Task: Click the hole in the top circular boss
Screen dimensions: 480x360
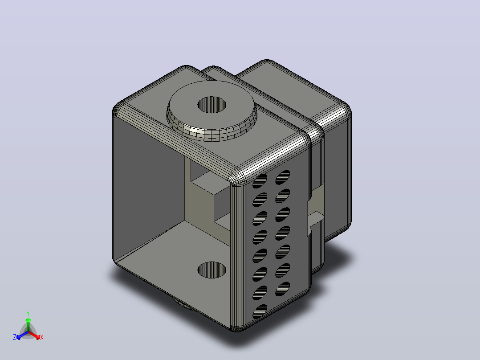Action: [212, 104]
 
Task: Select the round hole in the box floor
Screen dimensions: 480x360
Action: [212, 270]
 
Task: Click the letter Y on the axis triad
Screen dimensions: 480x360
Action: [28, 313]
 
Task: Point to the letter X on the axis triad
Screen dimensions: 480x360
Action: [42, 337]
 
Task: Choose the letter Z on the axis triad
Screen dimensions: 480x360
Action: [15, 337]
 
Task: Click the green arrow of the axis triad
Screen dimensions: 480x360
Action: [28, 324]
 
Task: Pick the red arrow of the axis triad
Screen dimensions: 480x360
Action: [34, 335]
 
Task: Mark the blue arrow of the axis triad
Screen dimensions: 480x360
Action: [22, 335]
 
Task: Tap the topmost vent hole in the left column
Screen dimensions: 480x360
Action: [260, 181]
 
